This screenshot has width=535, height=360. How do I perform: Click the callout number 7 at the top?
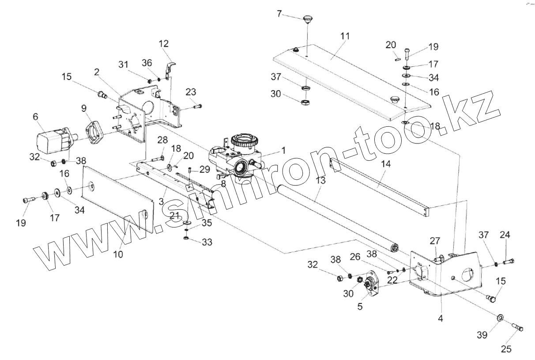click(x=279, y=14)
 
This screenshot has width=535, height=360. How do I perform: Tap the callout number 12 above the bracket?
click(x=164, y=44)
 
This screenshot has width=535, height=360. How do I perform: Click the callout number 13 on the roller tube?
click(x=320, y=181)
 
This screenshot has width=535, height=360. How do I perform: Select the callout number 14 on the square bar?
click(x=385, y=164)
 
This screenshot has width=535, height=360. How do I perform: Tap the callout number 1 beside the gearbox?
click(x=283, y=151)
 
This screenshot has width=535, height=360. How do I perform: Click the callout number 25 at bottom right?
click(x=506, y=349)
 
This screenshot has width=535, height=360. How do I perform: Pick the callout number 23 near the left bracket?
click(x=191, y=92)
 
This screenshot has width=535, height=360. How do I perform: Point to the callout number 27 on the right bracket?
click(x=435, y=241)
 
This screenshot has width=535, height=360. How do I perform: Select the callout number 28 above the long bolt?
click(x=162, y=140)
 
